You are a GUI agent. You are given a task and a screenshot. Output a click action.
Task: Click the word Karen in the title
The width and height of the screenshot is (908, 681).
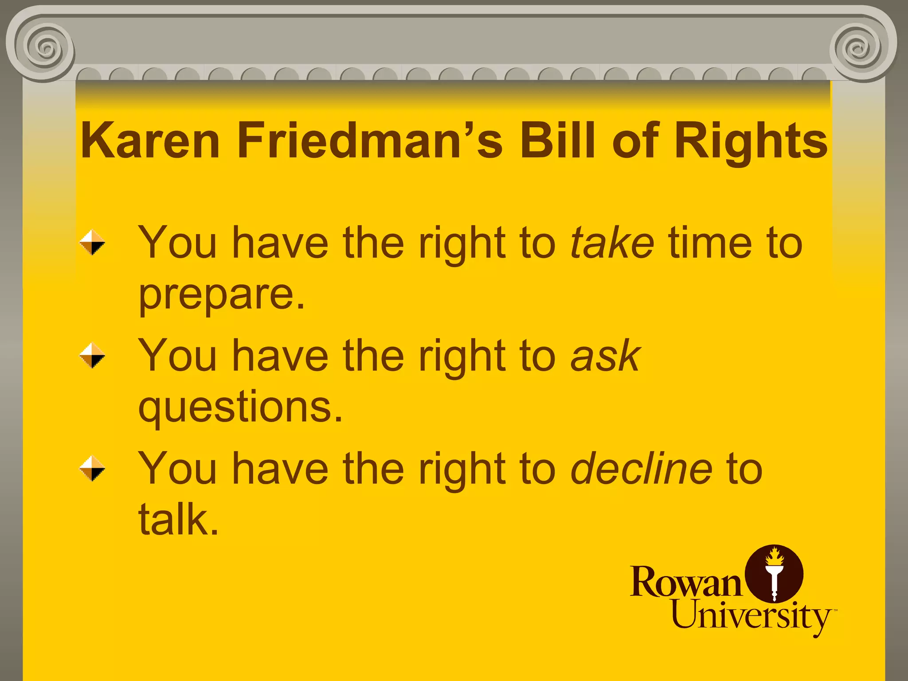[150, 141]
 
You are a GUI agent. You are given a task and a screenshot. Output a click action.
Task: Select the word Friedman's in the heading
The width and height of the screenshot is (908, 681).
[370, 141]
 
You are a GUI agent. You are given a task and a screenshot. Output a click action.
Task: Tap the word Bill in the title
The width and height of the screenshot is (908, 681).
[557, 141]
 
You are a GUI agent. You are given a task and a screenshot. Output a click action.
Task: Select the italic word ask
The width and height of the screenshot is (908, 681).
[606, 356]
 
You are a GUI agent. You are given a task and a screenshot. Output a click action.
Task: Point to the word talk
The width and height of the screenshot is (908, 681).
[179, 520]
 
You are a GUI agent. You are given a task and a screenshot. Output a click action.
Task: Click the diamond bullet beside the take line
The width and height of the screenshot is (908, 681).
[92, 243]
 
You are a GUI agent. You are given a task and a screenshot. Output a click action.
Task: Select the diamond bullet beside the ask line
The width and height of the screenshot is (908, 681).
[92, 356]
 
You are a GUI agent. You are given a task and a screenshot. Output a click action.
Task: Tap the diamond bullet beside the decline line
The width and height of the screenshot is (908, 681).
[92, 469]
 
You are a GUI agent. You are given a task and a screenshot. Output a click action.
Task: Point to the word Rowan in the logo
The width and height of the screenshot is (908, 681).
[685, 582]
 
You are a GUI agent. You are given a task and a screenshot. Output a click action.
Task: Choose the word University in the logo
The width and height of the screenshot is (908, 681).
[751, 616]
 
